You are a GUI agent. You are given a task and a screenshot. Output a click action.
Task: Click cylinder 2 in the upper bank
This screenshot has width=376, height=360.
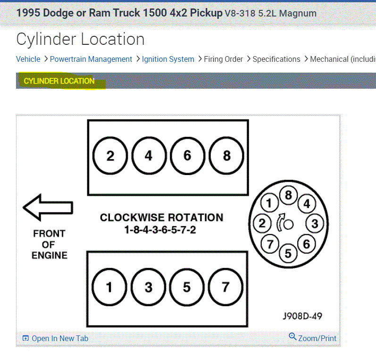coord(110,156)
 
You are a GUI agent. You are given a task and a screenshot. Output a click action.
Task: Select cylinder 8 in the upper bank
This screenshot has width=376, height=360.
coord(226,156)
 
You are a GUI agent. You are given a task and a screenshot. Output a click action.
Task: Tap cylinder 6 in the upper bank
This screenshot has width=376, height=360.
coord(187,156)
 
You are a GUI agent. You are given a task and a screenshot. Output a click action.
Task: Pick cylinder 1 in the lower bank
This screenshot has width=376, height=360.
coord(109,287)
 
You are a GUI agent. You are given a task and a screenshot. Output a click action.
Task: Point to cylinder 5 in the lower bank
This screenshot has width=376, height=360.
coord(187,287)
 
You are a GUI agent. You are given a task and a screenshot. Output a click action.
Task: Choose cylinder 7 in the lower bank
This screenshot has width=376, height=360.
coord(226,287)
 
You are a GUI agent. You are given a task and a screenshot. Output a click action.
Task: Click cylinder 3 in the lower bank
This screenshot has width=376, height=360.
coord(148,287)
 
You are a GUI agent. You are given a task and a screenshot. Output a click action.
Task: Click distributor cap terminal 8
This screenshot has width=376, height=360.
coord(288,195)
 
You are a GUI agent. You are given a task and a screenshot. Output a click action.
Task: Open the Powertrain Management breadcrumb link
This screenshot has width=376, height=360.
coord(91,59)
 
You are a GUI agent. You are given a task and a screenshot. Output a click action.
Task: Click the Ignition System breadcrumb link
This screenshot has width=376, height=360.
coord(168,59)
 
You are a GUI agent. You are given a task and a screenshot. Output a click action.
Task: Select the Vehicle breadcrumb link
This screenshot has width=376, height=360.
coord(28,59)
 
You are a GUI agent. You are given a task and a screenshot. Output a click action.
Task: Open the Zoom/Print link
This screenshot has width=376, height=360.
coord(313,338)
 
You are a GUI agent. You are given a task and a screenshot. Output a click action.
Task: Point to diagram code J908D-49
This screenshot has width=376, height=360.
coord(302,316)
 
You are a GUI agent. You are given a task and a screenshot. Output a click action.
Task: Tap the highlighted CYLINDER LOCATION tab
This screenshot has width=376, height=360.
coord(59,81)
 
